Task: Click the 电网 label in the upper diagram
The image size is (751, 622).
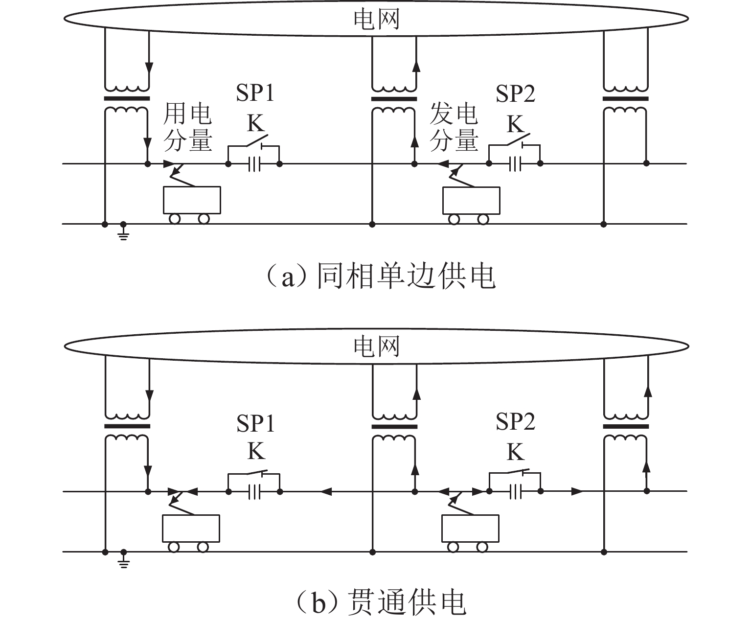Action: point(376,19)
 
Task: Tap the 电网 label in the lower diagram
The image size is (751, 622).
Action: point(376,346)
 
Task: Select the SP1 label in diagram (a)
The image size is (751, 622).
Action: point(255,93)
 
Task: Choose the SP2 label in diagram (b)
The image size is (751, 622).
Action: point(515,421)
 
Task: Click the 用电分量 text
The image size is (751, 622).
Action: point(187,127)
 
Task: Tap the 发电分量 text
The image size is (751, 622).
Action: point(454,127)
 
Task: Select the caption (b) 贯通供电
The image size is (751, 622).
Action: point(381,603)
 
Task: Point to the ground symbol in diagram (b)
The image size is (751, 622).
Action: point(124,560)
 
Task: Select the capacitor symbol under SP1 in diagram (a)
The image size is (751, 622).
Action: point(254,164)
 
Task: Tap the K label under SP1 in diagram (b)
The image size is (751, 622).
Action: point(256,451)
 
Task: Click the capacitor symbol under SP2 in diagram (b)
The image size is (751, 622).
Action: point(515,491)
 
